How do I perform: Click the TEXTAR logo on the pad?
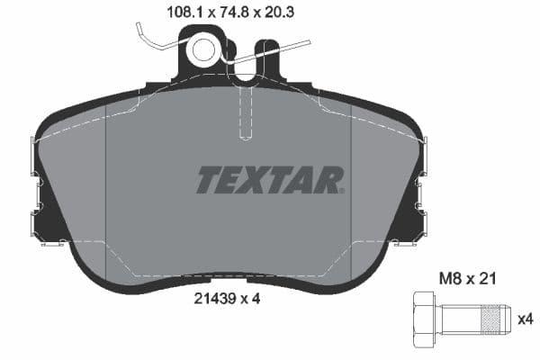270,180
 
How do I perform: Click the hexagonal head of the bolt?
424,320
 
